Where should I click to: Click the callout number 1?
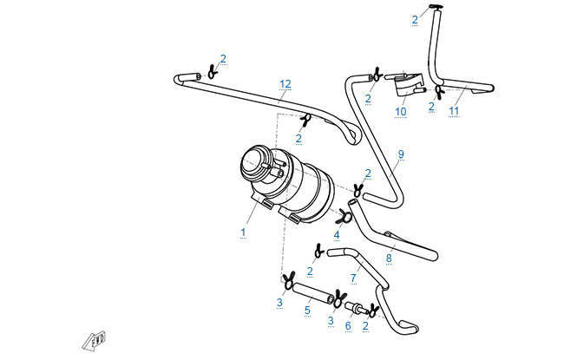[x=244, y=232]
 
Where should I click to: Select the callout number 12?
[x=285, y=84]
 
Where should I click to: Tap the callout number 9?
[x=401, y=154]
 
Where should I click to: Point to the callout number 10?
[x=401, y=112]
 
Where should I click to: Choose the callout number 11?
[x=454, y=112]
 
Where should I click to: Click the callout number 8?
[x=389, y=259]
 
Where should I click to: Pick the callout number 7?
[x=353, y=278]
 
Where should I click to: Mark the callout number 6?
[x=349, y=326]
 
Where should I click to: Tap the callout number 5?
[x=306, y=308]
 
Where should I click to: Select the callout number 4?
[x=337, y=236]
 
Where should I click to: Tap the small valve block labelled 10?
[x=405, y=85]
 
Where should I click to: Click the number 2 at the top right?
[x=415, y=19]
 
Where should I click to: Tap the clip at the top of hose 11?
[x=435, y=10]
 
